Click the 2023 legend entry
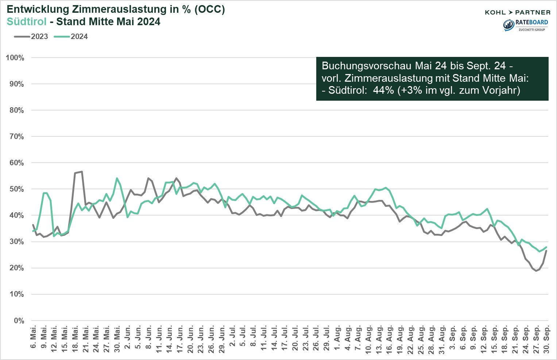[x=32, y=36]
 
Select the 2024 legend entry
[x=71, y=36]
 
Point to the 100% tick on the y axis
[x=15, y=58]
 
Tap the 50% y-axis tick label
[x=16, y=189]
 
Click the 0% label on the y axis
[x=19, y=321]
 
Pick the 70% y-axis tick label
[x=16, y=137]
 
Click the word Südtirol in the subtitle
[x=27, y=22]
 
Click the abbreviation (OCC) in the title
[x=209, y=9]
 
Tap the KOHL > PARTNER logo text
[x=517, y=12]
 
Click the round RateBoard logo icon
[x=508, y=24]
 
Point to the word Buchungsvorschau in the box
[x=367, y=66]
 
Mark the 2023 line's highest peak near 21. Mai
[x=82, y=171]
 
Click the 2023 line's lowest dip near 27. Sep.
[x=536, y=271]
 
